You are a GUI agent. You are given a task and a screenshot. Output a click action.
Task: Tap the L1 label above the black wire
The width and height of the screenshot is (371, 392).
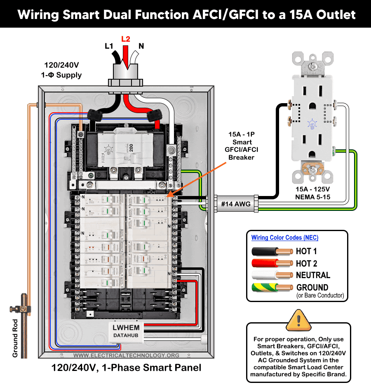(109, 46)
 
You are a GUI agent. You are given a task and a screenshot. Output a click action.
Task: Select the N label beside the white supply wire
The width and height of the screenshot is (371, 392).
(141, 46)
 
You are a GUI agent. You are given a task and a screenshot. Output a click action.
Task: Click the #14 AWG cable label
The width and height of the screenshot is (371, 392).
(233, 203)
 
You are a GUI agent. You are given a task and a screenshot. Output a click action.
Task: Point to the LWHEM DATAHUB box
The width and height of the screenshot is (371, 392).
(127, 331)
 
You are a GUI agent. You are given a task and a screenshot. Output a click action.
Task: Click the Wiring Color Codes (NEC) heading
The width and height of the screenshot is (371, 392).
(285, 238)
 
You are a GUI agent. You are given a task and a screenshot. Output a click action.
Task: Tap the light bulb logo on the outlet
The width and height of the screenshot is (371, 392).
(312, 123)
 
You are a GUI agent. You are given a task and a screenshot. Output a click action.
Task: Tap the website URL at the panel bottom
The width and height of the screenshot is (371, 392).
(127, 355)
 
